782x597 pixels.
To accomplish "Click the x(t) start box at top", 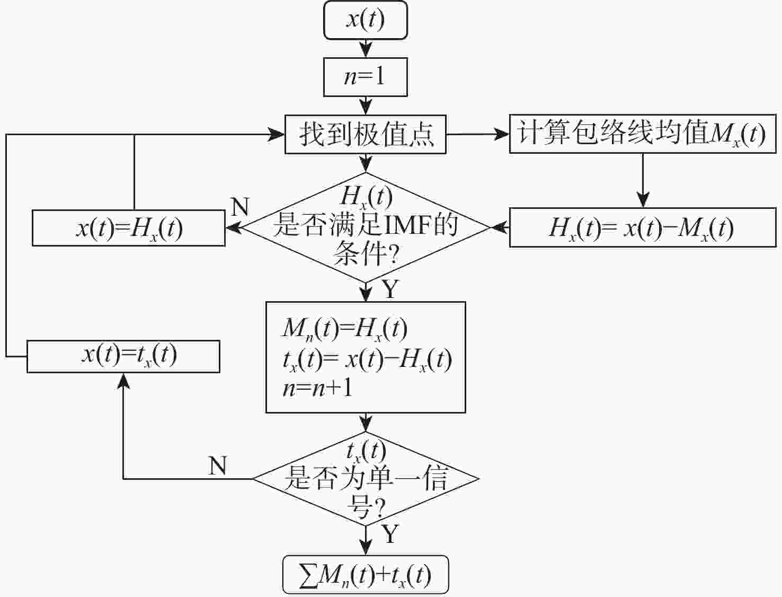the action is tap(366, 20).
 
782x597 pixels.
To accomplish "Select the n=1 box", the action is tap(366, 77).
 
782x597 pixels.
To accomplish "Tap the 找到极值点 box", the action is tap(366, 134).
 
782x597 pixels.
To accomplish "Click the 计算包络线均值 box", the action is tap(643, 134).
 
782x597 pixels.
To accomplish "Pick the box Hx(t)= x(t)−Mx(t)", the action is tap(643, 227).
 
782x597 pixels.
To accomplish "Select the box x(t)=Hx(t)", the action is tap(129, 228).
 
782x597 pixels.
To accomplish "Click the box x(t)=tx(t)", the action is tap(123, 356).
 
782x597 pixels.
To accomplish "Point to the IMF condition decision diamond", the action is tap(366, 227).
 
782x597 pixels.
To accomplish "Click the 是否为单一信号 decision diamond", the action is tap(366, 479).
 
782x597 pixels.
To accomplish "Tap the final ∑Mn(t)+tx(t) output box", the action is tap(366, 575).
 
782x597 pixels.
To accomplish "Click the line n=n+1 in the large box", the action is tap(317, 388).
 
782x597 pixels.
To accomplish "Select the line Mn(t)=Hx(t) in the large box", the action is tap(344, 329).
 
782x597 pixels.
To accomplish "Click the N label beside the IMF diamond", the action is tap(240, 206).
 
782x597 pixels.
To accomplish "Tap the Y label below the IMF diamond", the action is tap(390, 289).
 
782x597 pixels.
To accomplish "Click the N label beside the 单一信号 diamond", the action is tap(218, 466).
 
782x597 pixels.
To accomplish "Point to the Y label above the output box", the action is tap(390, 534).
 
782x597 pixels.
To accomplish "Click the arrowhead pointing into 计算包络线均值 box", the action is tap(502, 134).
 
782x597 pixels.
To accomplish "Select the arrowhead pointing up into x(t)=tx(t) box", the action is tap(123, 381).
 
